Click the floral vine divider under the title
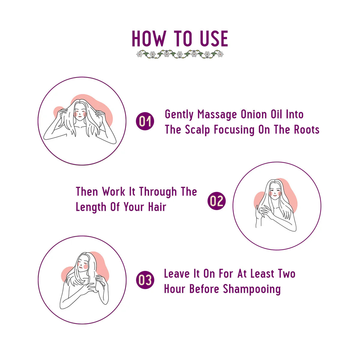pos(180,54)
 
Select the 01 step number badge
pos(145,121)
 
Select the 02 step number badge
pos(216,201)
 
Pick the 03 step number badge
pos(145,280)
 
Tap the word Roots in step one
pos(306,130)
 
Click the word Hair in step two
pos(157,207)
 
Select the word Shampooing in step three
pos(252,289)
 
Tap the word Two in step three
pos(286,274)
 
